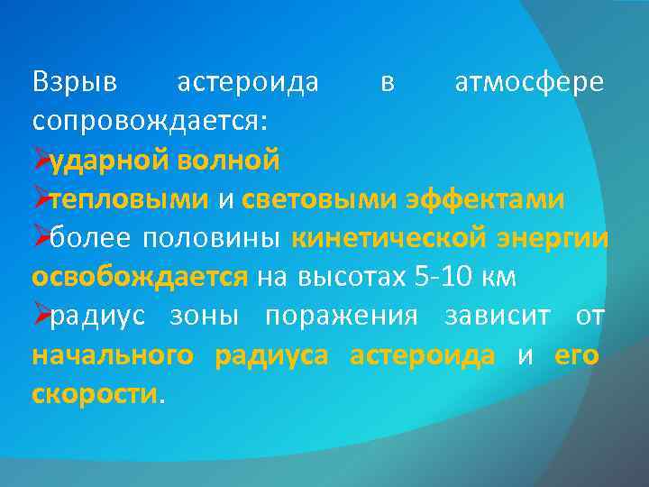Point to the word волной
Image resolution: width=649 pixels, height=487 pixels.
[228, 161]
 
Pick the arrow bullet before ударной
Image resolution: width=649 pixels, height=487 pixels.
[40, 161]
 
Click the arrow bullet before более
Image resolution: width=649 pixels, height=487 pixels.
[40, 238]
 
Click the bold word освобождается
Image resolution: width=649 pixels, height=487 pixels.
[139, 277]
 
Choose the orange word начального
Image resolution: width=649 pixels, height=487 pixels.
[113, 355]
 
